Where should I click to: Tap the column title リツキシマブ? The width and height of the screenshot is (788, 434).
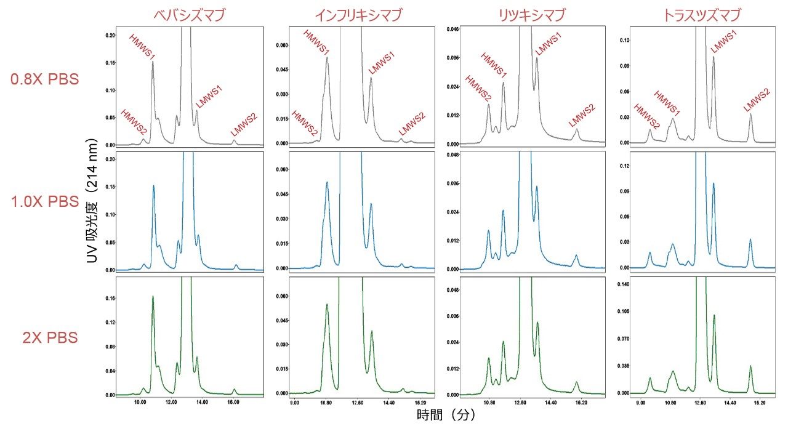tap(529, 14)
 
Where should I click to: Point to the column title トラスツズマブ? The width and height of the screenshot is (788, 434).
tap(701, 14)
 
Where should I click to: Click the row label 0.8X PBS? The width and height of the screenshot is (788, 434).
tap(44, 79)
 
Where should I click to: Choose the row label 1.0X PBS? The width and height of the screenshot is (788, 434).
tap(44, 201)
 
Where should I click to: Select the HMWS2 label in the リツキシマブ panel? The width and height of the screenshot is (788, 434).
tap(478, 89)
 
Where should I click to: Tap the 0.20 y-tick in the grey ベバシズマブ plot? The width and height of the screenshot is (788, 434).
tap(110, 35)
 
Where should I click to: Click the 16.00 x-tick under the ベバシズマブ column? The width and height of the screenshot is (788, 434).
tap(233, 403)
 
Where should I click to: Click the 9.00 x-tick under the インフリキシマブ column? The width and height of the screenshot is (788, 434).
tap(295, 403)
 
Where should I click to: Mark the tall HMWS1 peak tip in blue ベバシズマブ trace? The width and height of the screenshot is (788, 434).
tap(153, 186)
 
